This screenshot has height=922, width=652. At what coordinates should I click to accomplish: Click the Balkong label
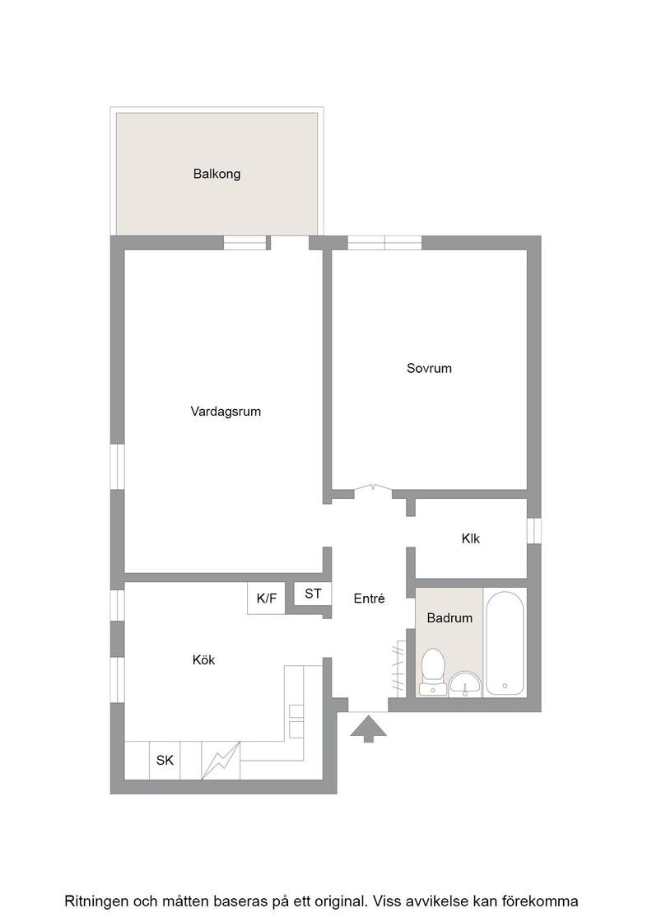[217, 174]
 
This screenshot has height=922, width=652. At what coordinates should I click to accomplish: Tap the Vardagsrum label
[226, 412]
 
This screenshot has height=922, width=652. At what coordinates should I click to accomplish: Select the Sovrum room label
[429, 369]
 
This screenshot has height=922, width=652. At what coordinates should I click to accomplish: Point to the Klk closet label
[471, 538]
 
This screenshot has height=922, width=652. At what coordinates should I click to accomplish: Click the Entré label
[369, 598]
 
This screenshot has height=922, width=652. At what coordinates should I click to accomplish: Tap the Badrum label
[449, 618]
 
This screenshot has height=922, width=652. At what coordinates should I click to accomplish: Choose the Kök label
[204, 660]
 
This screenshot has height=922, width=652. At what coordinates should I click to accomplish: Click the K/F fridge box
[267, 598]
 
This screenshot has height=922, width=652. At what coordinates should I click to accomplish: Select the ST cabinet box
[313, 594]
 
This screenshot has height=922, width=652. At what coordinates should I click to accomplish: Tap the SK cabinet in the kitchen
[165, 761]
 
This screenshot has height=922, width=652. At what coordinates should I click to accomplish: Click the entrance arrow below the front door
[369, 729]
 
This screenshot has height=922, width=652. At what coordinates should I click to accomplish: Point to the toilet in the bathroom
[434, 672]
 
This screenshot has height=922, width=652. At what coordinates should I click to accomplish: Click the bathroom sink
[466, 684]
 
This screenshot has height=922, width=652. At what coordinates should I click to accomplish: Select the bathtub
[505, 643]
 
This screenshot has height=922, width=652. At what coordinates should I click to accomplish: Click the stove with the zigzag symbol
[221, 761]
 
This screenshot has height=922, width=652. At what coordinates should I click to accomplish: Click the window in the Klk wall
[533, 530]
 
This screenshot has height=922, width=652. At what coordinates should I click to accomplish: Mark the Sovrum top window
[384, 243]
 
